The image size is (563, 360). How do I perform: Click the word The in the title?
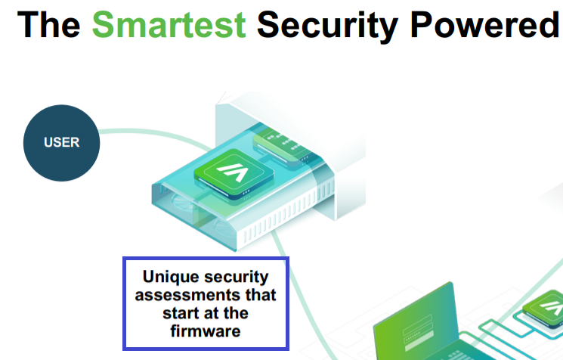pos(48,25)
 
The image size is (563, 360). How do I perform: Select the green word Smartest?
pos(169,25)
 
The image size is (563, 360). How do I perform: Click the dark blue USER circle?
pos(61,142)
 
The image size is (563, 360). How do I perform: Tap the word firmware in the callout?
pos(206,331)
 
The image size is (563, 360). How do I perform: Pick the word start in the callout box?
pos(179,312)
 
